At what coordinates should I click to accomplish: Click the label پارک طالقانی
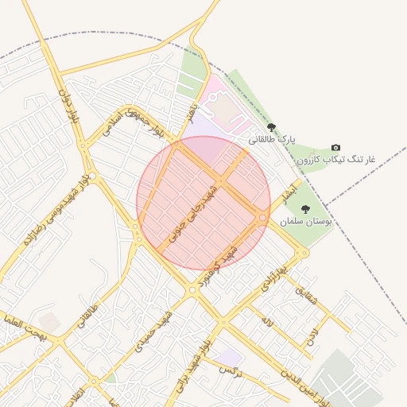pos(271,139)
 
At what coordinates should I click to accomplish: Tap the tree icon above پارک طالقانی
pos(271,127)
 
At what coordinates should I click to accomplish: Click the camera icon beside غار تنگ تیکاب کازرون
pos(335,148)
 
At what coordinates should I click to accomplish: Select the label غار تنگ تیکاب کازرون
pos(336,160)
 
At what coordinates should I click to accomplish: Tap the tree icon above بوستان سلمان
pos(305,209)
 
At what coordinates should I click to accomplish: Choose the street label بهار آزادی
pos(273,275)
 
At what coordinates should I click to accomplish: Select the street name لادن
pos(311,333)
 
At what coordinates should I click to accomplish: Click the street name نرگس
pos(230,370)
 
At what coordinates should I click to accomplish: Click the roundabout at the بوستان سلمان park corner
pos(303,254)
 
